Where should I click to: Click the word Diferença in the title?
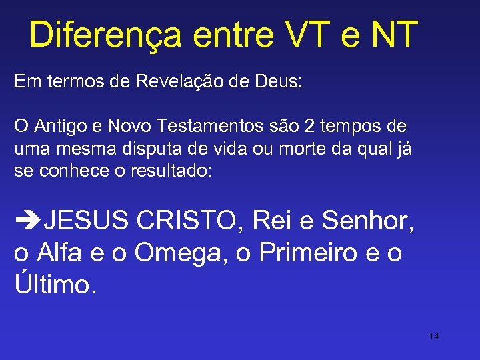click(x=105, y=35)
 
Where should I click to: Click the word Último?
click(x=55, y=285)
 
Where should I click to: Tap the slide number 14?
click(x=434, y=336)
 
